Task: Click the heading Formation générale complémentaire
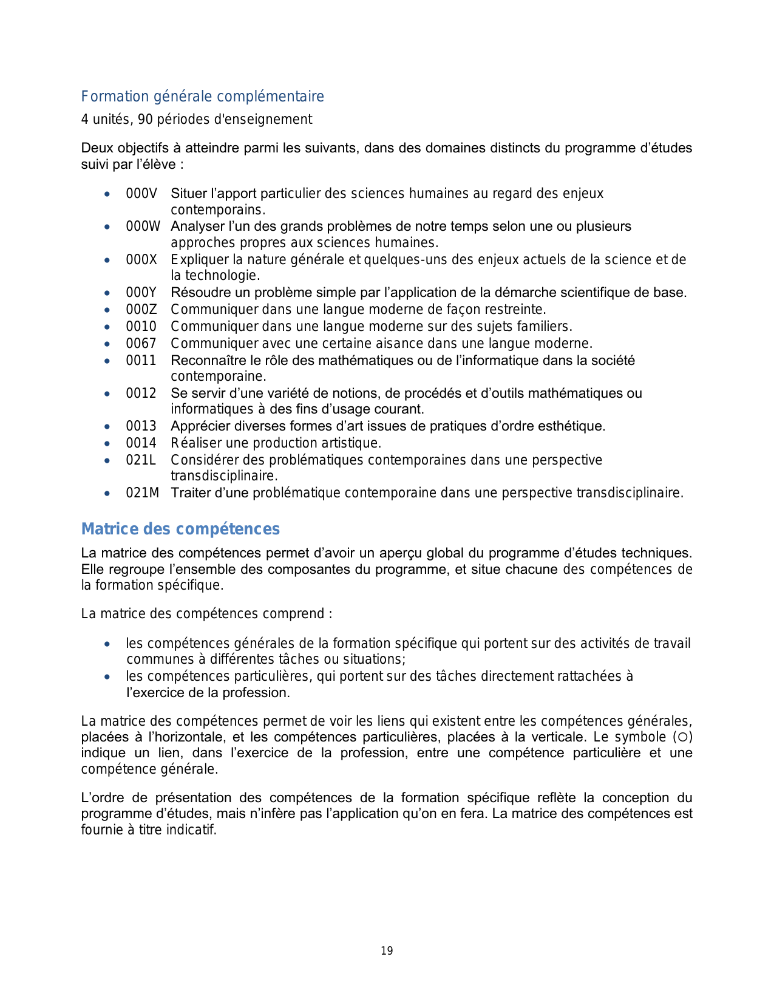202,97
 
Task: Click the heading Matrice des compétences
180,529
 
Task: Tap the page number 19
387,951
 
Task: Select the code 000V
141,194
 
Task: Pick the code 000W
143,227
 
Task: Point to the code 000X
141,260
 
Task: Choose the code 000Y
141,293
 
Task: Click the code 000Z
141,310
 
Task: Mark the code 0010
141,327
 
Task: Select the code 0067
141,344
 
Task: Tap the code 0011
141,361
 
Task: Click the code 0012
141,394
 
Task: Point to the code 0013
141,426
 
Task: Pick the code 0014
141,443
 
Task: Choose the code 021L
141,460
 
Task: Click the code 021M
143,493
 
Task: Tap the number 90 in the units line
145,120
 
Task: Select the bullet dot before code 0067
107,344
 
